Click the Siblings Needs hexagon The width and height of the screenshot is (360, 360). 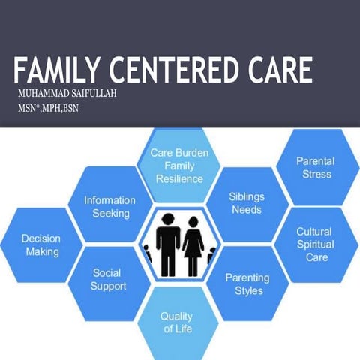click(x=246, y=203)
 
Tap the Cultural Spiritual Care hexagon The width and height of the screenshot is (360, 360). click(x=313, y=244)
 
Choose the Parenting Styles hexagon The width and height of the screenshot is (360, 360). click(x=247, y=283)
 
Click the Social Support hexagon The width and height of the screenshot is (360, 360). click(x=109, y=280)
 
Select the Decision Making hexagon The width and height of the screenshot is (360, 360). click(x=42, y=245)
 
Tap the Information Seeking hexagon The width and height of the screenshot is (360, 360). click(x=109, y=207)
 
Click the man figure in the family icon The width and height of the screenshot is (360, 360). click(x=167, y=244)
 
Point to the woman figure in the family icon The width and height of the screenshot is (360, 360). click(x=193, y=244)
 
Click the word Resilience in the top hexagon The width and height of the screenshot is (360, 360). click(x=179, y=179)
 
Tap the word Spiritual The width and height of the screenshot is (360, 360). click(x=313, y=244)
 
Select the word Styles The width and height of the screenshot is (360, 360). click(x=247, y=290)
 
